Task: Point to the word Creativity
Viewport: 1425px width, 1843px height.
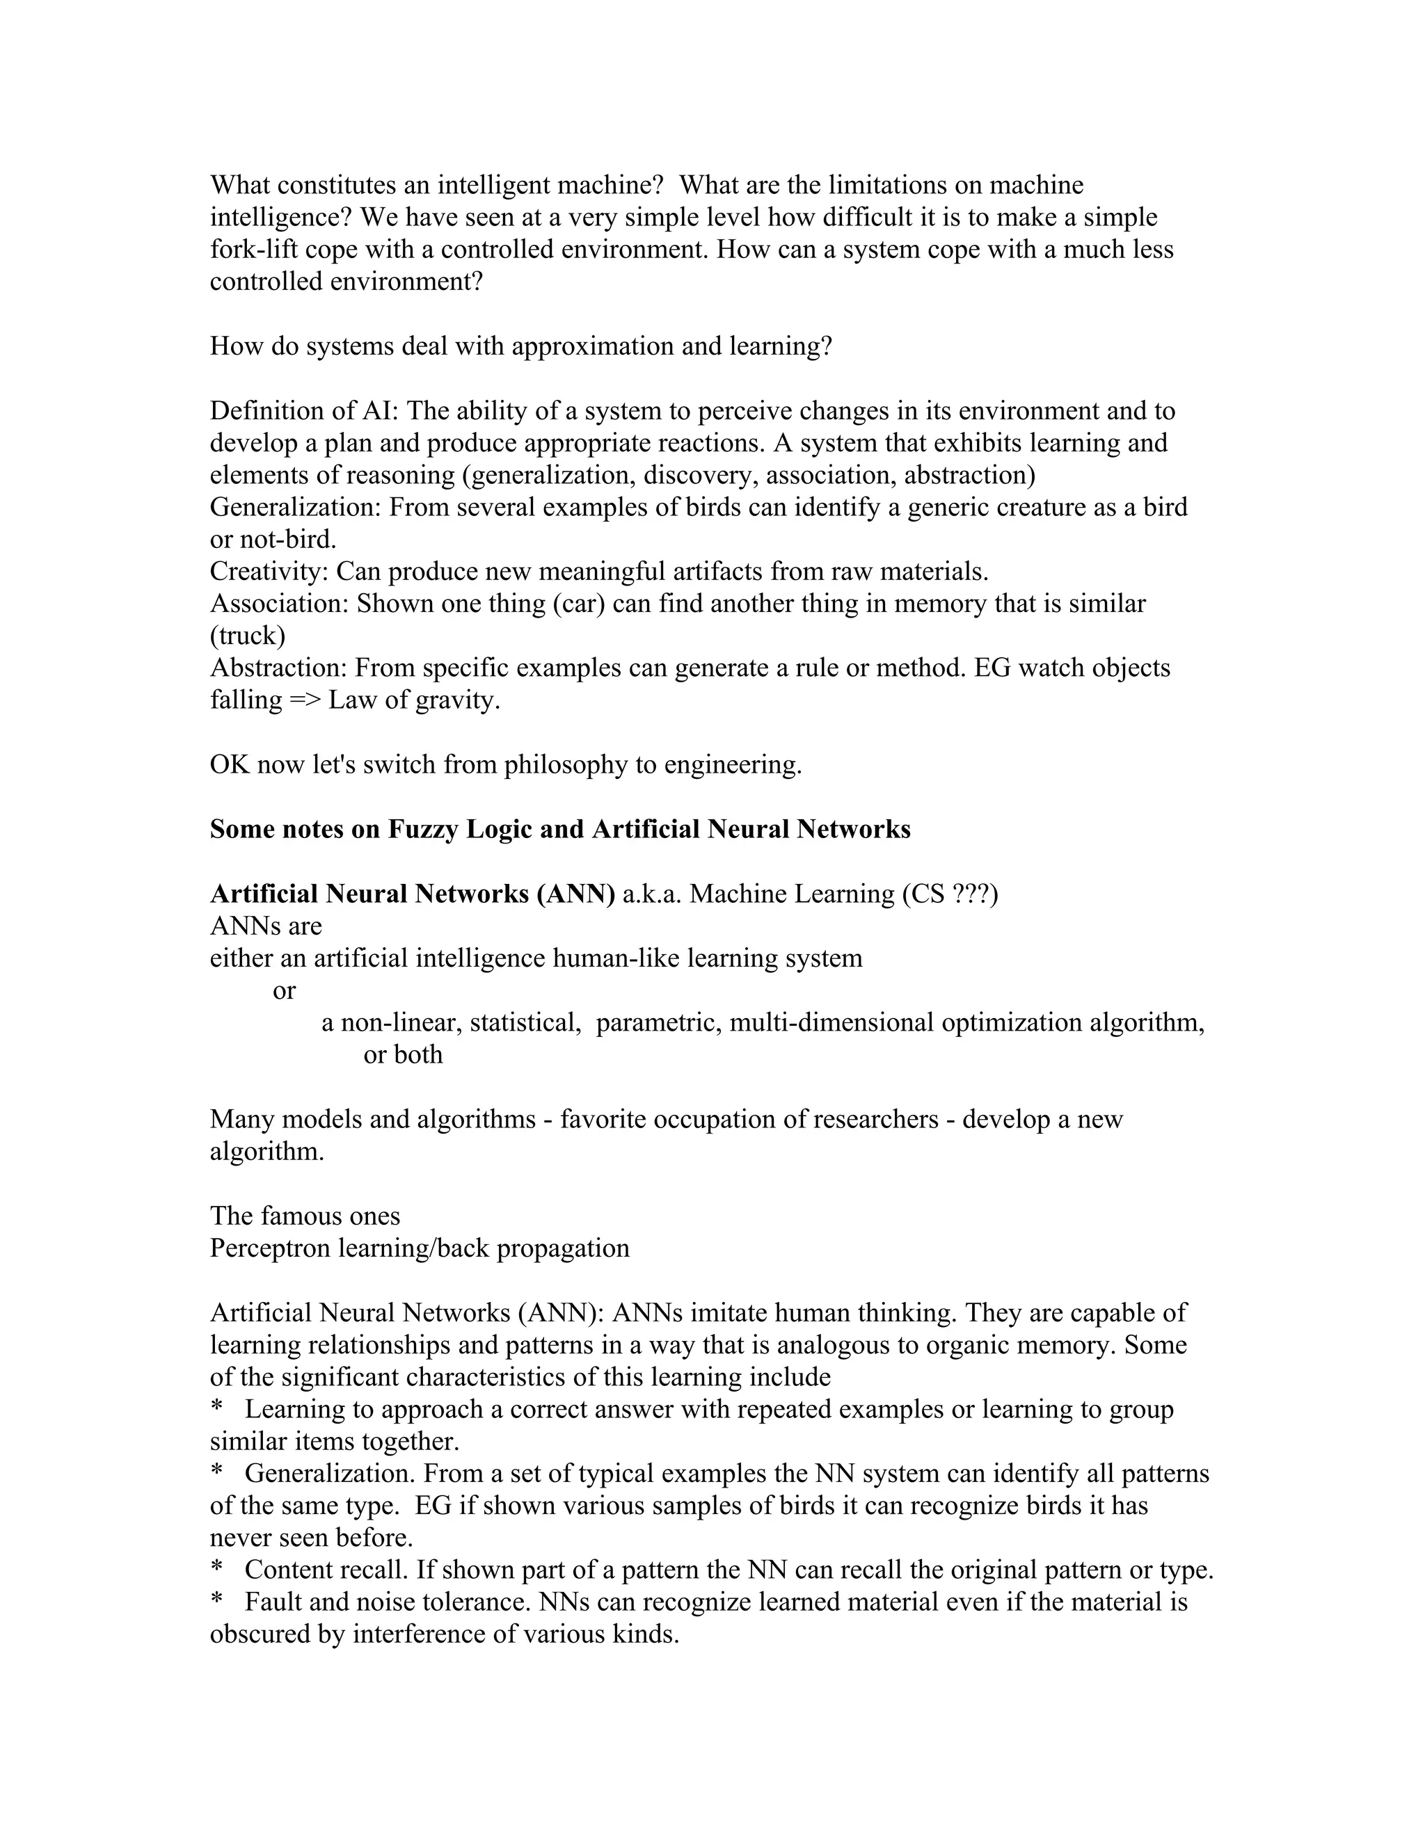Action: click(269, 571)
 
